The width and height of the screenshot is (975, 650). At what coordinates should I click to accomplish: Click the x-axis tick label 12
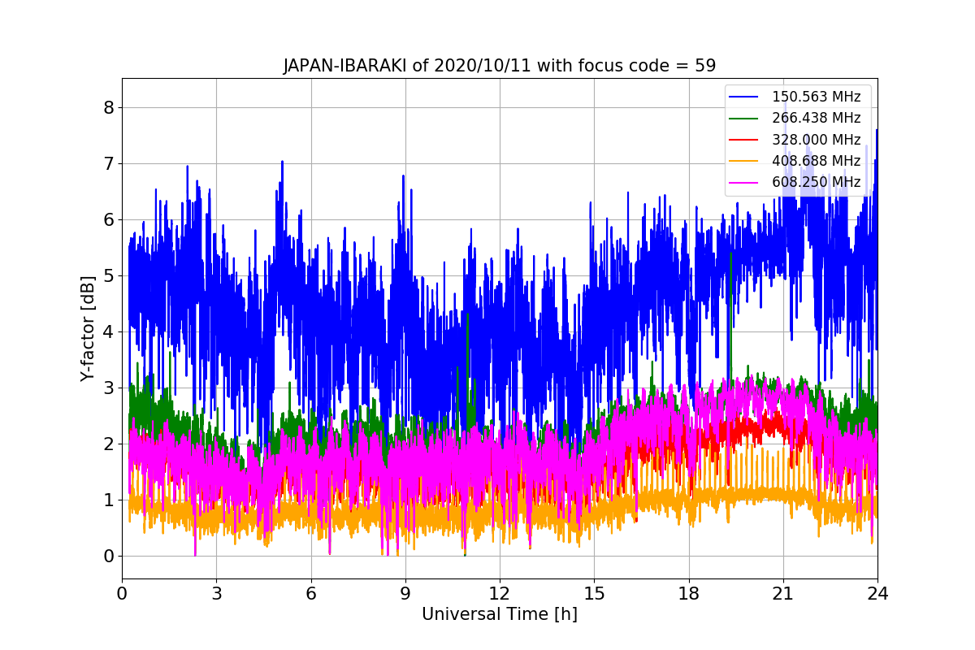(500, 594)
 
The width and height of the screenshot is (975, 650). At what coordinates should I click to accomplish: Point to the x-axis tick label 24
(877, 594)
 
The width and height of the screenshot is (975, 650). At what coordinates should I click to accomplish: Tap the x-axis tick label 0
(122, 594)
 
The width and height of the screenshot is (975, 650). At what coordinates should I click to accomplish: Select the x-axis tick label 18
(689, 594)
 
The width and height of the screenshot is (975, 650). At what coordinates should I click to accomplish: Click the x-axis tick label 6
(310, 594)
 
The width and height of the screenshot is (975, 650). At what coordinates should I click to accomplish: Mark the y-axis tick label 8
(108, 108)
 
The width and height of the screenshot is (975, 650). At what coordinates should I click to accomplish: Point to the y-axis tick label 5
(108, 276)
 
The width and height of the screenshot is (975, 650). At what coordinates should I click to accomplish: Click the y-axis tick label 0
(108, 557)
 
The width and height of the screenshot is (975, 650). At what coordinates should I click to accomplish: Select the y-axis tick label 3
(108, 388)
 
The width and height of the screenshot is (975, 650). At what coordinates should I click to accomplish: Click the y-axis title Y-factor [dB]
(88, 328)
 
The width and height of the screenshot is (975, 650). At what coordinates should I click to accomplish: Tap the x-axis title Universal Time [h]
(499, 615)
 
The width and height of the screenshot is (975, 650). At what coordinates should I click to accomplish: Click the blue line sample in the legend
(743, 97)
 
